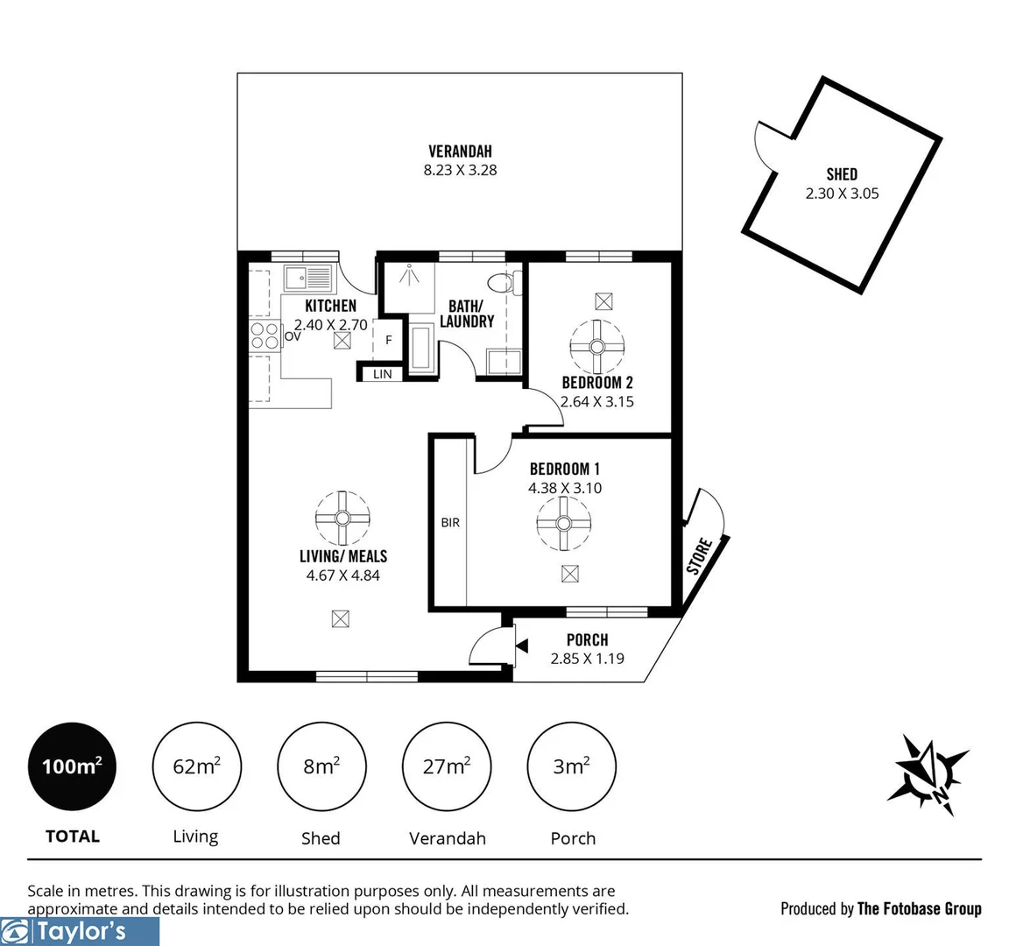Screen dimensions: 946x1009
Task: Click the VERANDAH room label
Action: (460, 152)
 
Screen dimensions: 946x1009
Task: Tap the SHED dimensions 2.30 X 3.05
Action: (842, 194)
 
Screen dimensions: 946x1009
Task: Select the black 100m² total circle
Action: (72, 766)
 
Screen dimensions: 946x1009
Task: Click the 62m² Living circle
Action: (196, 766)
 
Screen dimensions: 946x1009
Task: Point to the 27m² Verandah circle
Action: (447, 766)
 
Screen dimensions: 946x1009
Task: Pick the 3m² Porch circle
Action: (571, 766)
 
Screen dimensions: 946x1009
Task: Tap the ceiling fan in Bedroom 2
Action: (597, 346)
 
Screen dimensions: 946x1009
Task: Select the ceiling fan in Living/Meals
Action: (342, 518)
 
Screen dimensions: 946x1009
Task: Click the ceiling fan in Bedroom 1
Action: (563, 524)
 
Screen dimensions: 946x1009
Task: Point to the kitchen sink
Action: (308, 279)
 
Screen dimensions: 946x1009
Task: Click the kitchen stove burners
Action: (265, 336)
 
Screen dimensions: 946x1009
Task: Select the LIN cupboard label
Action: (383, 374)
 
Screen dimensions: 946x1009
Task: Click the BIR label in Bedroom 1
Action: (450, 523)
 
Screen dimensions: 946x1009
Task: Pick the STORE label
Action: (700, 556)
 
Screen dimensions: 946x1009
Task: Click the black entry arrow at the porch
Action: (522, 646)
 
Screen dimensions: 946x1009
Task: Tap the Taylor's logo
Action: (80, 931)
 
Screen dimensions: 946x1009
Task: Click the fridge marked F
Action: (388, 341)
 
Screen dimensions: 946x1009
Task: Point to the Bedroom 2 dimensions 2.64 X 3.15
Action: (597, 402)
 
